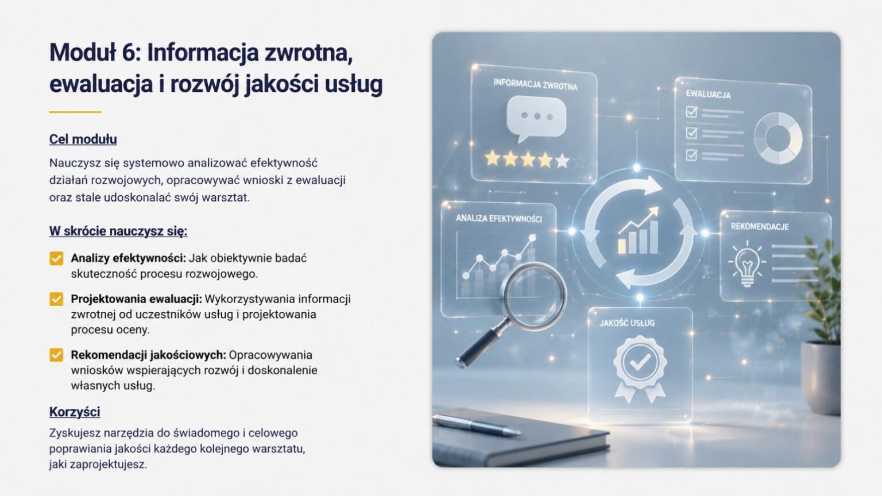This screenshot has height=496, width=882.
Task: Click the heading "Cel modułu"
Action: [x=83, y=139]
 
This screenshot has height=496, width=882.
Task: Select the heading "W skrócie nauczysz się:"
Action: [x=118, y=231]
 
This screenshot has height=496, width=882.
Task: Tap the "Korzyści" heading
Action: [x=75, y=412]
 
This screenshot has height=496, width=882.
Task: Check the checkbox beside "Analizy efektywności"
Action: [x=56, y=259]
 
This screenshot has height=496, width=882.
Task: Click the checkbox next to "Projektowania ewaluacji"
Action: [x=56, y=299]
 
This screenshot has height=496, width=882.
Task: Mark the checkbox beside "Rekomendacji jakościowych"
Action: [x=56, y=355]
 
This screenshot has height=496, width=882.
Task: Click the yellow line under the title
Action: [x=75, y=112]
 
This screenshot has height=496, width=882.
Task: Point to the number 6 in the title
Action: [x=128, y=52]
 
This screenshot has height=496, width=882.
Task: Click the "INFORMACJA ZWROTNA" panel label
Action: [x=535, y=84]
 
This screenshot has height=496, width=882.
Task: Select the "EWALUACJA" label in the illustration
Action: [x=708, y=94]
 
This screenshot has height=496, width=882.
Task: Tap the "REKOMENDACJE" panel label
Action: [x=760, y=227]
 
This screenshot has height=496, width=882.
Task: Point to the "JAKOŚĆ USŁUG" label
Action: [x=627, y=323]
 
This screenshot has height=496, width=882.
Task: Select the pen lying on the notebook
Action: [x=477, y=425]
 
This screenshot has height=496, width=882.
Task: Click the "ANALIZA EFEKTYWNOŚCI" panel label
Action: [x=498, y=219]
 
